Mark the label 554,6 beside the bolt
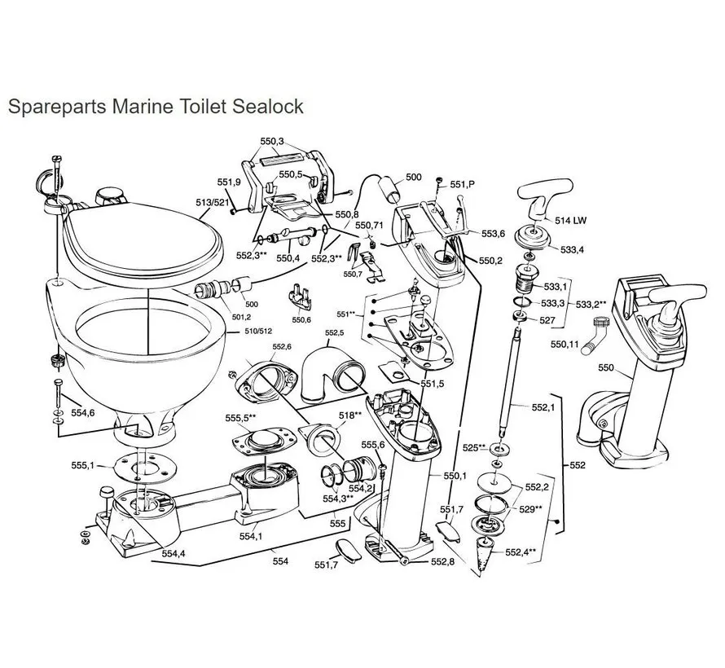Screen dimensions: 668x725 [x=82, y=413]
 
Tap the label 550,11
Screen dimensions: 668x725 [x=565, y=345]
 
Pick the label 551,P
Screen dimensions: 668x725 [x=461, y=185]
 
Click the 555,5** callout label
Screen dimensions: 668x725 [x=241, y=418]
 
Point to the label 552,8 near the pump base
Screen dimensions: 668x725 [x=442, y=562]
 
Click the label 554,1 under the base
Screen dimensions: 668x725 [x=250, y=536]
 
